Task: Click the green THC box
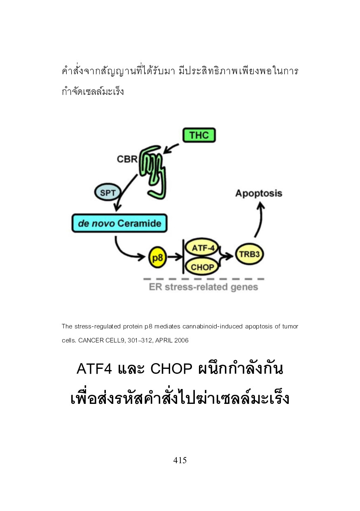click(199, 135)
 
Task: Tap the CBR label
click(127, 159)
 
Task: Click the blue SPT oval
click(108, 192)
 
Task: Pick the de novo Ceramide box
click(119, 223)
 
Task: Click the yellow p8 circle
click(157, 258)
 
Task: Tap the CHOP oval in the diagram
click(202, 267)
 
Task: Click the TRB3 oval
click(249, 254)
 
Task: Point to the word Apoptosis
click(259, 193)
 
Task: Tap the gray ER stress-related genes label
click(203, 287)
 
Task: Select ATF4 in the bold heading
click(94, 368)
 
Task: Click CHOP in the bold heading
click(171, 368)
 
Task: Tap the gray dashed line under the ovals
click(203, 279)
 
